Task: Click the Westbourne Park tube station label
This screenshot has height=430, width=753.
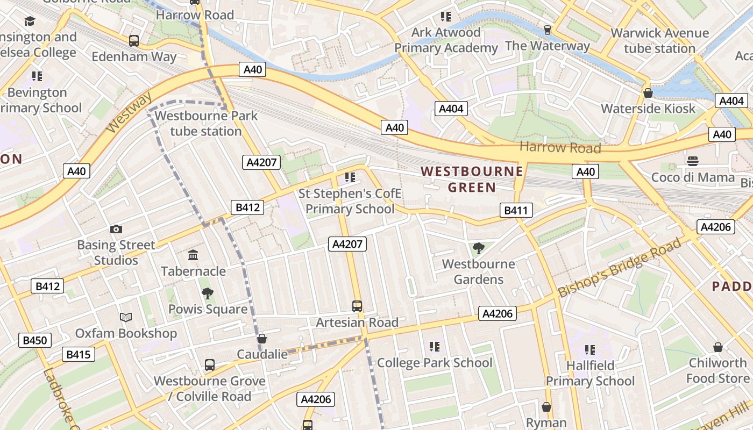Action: point(206,123)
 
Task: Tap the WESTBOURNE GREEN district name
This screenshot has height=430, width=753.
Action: point(472,179)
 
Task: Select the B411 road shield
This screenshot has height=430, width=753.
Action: point(516,210)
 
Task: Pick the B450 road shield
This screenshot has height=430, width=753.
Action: point(35,340)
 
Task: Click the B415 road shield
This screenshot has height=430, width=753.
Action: point(78,355)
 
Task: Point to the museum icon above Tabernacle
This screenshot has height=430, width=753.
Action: point(193,255)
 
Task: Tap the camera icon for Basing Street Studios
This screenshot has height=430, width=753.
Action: point(116,230)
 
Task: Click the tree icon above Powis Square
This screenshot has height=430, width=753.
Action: point(207,293)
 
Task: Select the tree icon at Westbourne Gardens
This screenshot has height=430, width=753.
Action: point(478,248)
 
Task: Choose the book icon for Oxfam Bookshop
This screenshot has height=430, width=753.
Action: point(126,318)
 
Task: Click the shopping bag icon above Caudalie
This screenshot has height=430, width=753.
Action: point(262,339)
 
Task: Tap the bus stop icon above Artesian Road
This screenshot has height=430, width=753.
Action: point(357,306)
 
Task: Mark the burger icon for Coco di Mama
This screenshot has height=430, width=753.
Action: point(692,161)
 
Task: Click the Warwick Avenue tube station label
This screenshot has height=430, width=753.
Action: point(660,41)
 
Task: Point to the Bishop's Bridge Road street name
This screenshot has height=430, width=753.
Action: point(619,268)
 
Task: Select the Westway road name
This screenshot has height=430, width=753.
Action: point(129,113)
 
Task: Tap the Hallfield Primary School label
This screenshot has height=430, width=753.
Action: point(590,374)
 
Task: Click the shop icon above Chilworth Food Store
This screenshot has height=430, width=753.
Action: point(718,347)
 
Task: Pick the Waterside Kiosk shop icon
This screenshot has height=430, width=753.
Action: point(648,93)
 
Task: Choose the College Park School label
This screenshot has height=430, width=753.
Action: point(435,363)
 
